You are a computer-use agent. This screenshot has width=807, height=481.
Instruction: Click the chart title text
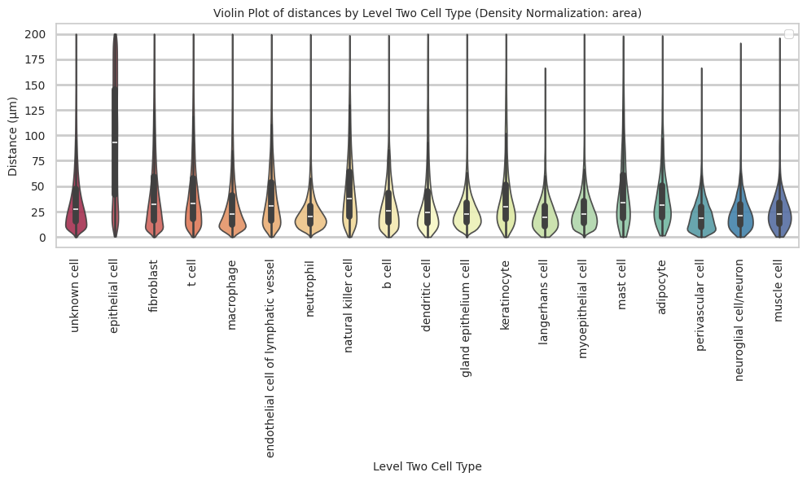click(428, 13)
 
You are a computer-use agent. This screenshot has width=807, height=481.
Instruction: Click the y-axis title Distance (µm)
click(13, 134)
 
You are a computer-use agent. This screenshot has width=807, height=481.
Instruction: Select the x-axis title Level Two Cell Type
click(428, 466)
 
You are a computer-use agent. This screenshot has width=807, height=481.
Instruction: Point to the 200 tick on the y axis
click(39, 35)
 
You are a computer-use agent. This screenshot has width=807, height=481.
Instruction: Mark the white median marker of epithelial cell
click(115, 142)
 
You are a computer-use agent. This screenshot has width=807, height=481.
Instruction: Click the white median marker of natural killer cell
click(349, 199)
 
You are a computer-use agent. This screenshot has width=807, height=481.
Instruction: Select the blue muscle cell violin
click(779, 213)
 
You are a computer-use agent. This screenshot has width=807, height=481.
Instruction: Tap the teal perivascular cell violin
click(701, 218)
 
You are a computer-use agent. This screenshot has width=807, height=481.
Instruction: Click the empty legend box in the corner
click(787, 33)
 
